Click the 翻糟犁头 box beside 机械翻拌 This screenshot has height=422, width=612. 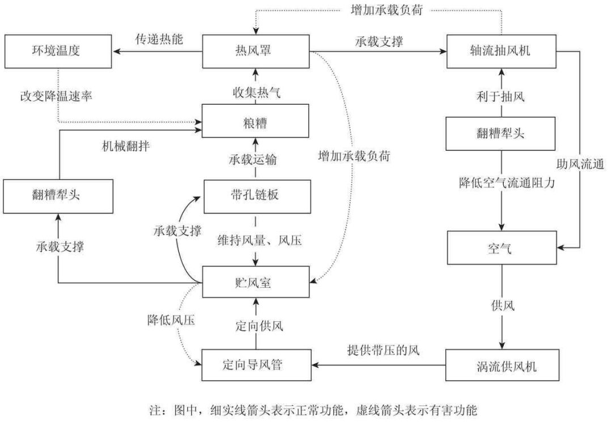click(x=59, y=197)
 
